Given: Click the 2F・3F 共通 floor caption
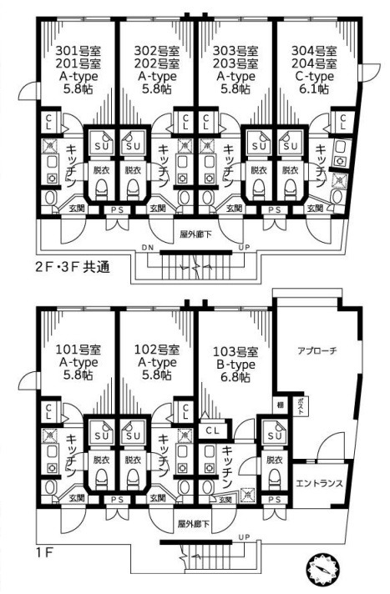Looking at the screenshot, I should point(63,269).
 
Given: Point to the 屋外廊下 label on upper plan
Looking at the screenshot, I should point(195,235).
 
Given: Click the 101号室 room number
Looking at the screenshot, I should point(77,349).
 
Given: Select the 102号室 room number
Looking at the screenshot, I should point(156,349).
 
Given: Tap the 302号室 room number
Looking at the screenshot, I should point(156,50).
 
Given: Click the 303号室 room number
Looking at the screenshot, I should point(236,50).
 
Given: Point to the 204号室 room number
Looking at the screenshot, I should point(314,63).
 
